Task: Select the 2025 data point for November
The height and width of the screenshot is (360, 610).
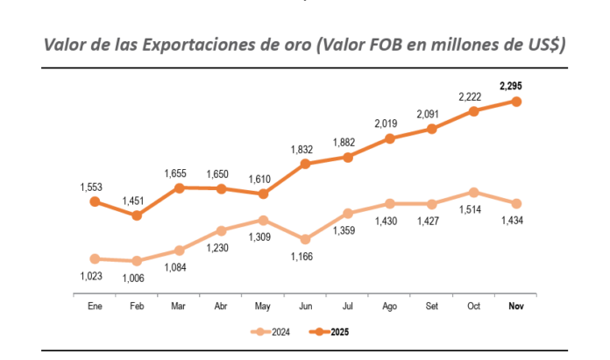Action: pyautogui.click(x=517, y=102)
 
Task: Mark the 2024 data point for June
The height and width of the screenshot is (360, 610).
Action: pyautogui.click(x=306, y=239)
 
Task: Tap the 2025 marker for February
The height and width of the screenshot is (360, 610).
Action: pyautogui.click(x=137, y=215)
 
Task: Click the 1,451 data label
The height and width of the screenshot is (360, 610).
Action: pyautogui.click(x=137, y=200)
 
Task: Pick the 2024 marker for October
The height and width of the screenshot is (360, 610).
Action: pyautogui.click(x=474, y=192)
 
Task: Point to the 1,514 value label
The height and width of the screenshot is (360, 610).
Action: pyautogui.click(x=474, y=208)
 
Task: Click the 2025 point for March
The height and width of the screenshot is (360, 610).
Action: pyautogui.click(x=179, y=187)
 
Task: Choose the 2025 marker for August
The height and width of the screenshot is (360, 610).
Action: pyautogui.click(x=390, y=138)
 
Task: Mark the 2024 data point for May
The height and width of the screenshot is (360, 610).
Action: pyautogui.click(x=263, y=220)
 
